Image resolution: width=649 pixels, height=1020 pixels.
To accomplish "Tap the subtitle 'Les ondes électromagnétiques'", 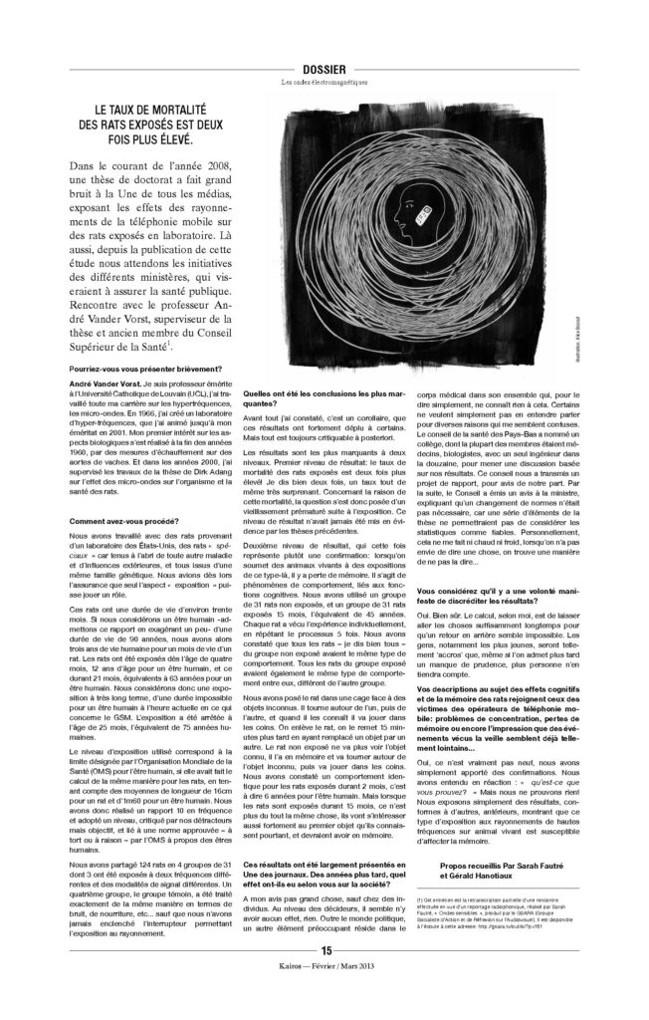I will point(324,84).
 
